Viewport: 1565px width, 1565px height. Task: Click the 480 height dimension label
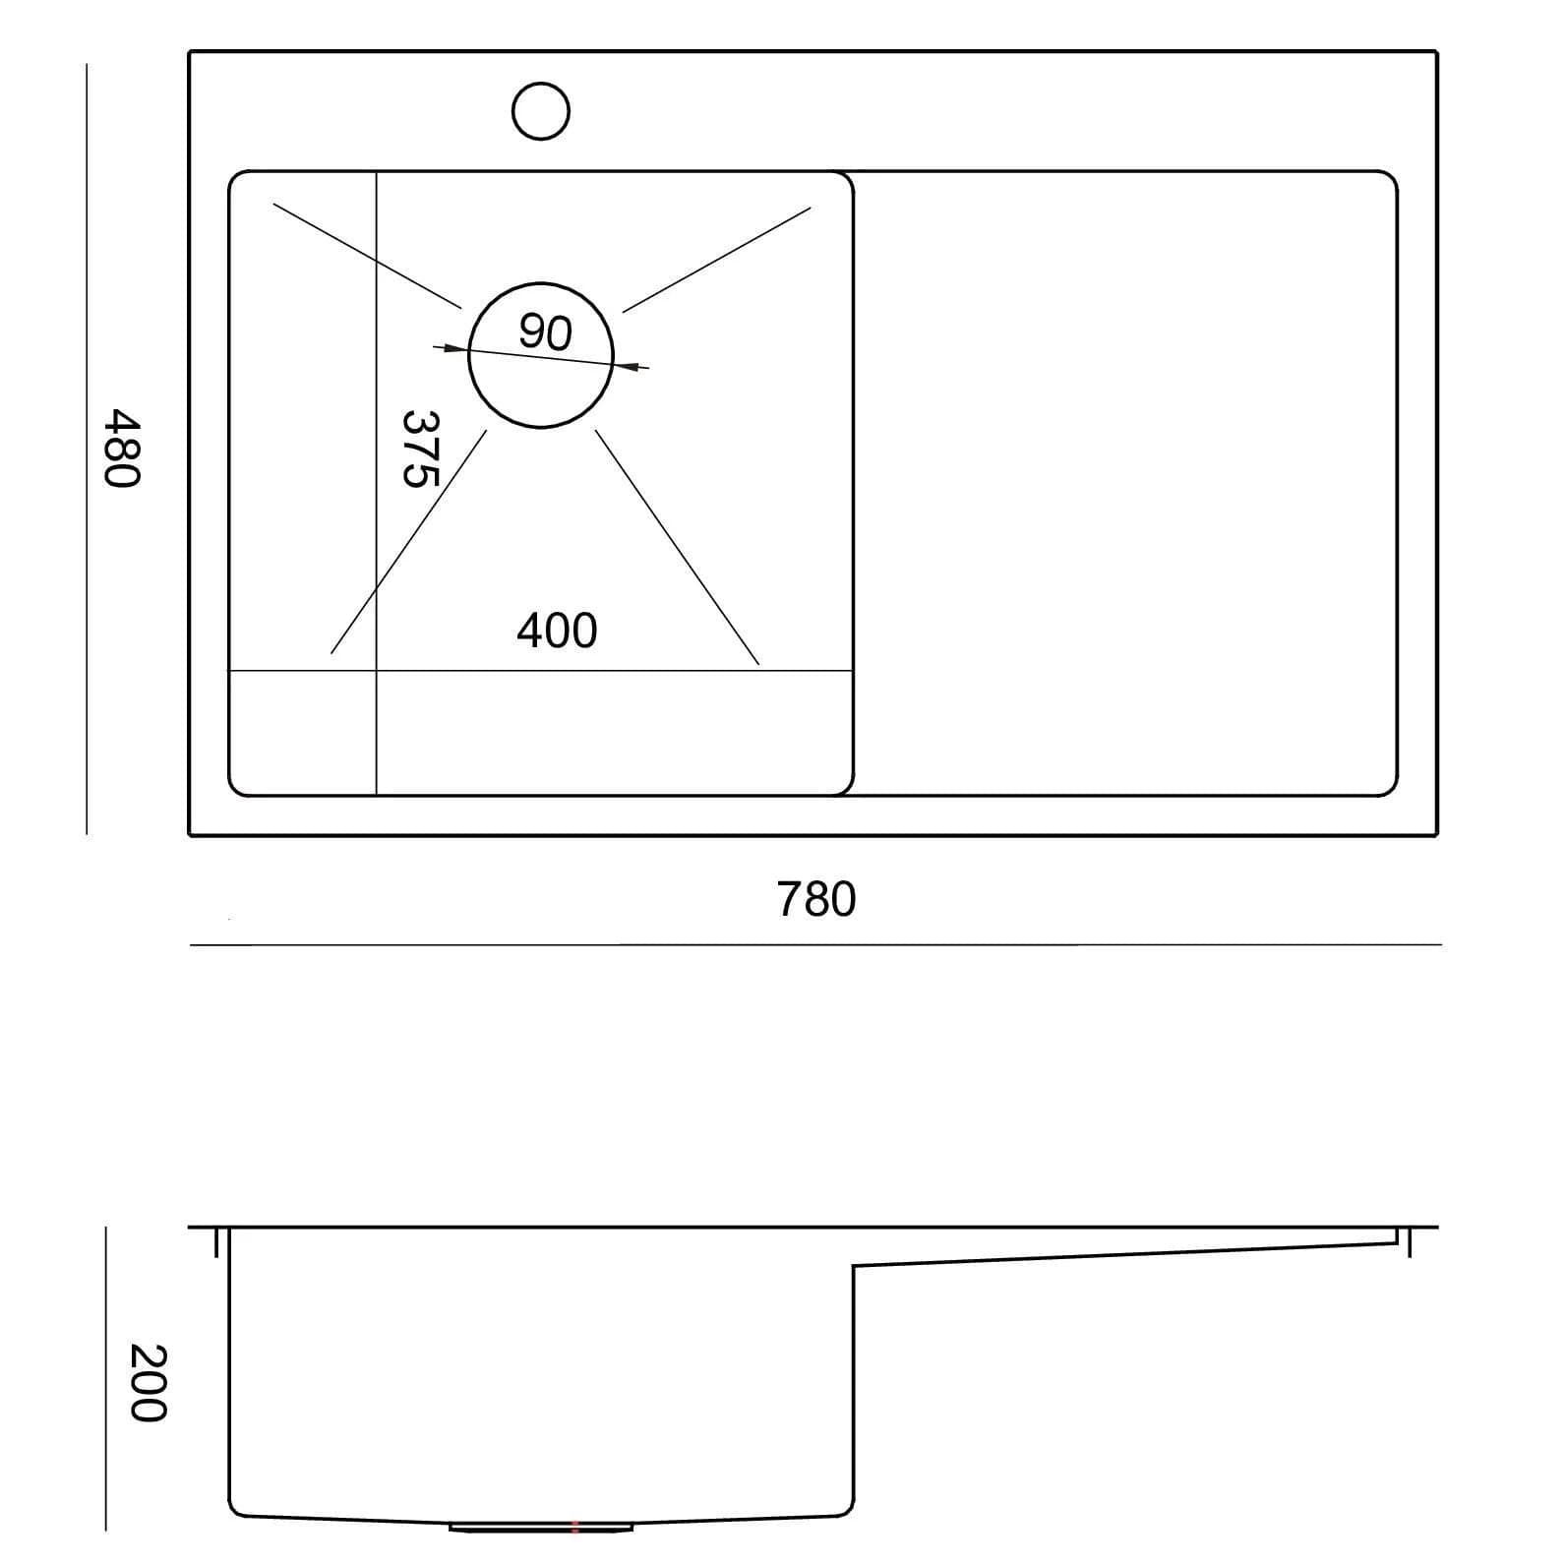(123, 448)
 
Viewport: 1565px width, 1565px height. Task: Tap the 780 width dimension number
(816, 899)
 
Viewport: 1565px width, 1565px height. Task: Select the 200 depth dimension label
(149, 1382)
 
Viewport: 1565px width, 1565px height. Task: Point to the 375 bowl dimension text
(420, 449)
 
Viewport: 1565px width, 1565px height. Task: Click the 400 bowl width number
(557, 631)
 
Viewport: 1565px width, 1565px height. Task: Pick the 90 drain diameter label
(545, 332)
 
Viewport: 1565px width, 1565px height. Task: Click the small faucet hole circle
(541, 110)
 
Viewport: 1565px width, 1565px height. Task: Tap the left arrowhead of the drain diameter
(451, 347)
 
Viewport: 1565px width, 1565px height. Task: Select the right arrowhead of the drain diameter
(631, 367)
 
